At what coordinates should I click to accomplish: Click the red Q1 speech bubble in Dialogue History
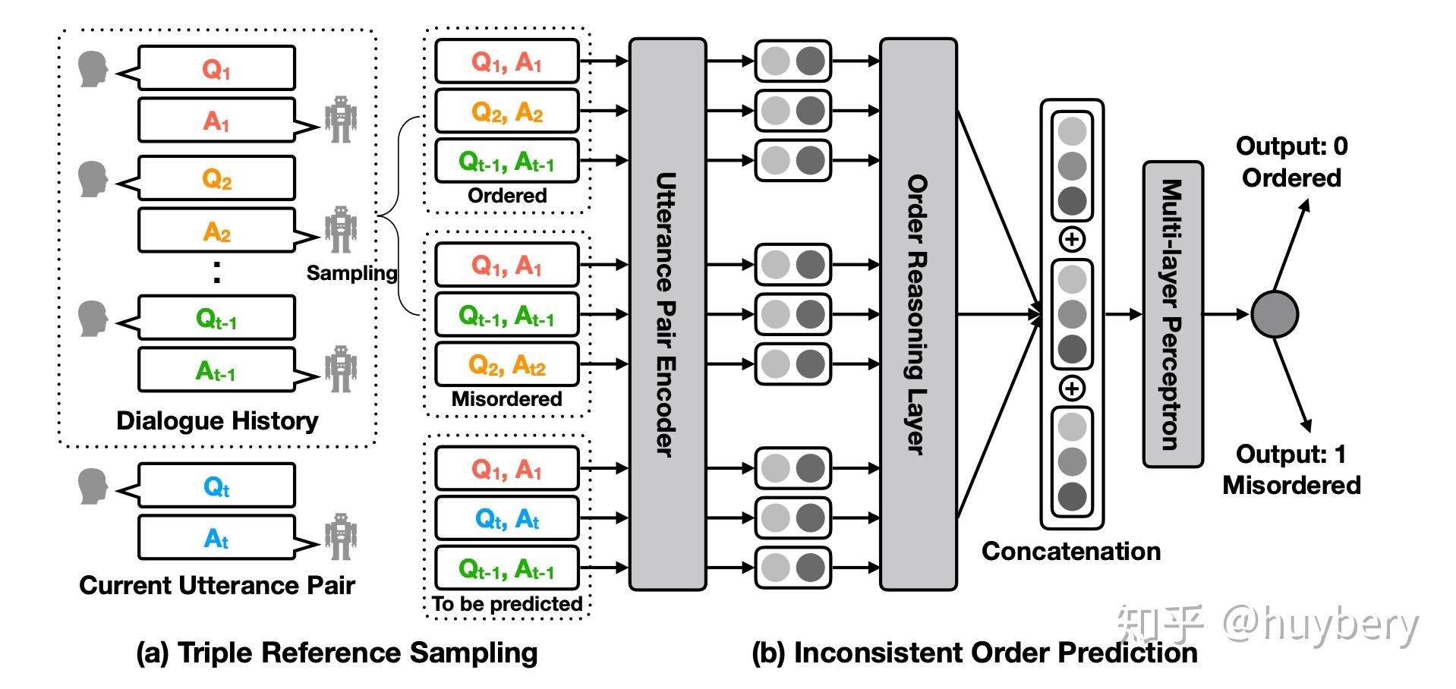(x=216, y=68)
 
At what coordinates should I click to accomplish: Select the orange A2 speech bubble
(x=216, y=230)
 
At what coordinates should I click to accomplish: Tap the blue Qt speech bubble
(x=216, y=486)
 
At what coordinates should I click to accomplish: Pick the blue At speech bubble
(x=216, y=538)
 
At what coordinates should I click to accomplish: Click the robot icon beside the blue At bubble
(x=340, y=536)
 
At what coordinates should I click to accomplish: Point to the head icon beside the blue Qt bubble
(x=93, y=486)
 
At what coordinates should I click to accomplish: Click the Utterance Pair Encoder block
(x=667, y=314)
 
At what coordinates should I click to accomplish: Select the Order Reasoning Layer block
(x=918, y=314)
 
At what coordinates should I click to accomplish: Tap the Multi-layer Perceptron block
(x=1173, y=314)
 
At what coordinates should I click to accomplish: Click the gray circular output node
(x=1275, y=314)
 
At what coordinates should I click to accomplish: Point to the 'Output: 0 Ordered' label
(x=1291, y=162)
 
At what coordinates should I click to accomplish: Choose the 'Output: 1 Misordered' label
(x=1291, y=469)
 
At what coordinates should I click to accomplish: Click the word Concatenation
(x=1070, y=551)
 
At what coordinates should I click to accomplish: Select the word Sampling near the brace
(x=351, y=272)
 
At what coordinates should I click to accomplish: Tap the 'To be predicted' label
(x=506, y=604)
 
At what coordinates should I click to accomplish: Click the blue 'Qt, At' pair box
(x=506, y=519)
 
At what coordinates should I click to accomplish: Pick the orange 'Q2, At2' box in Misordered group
(x=506, y=365)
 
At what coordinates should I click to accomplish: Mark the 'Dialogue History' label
(x=217, y=420)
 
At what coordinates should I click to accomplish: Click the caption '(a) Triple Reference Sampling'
(x=337, y=653)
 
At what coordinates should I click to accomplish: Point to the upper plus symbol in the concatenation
(x=1071, y=240)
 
